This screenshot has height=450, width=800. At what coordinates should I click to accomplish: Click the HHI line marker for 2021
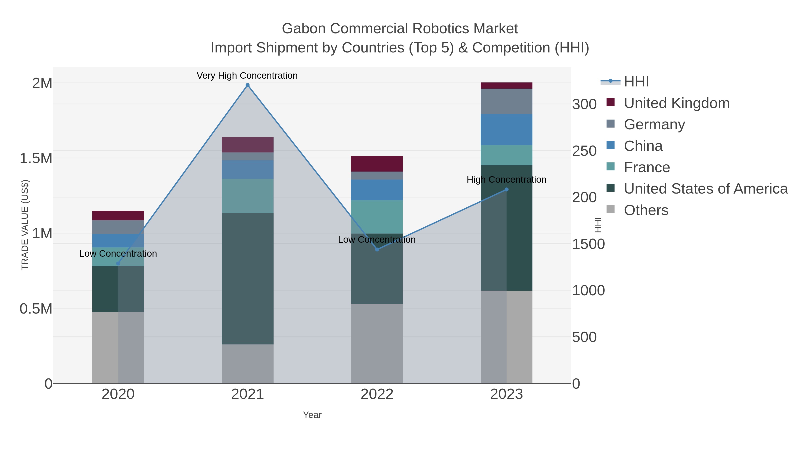tap(248, 85)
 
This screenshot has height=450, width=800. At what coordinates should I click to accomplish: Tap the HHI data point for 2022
tap(377, 249)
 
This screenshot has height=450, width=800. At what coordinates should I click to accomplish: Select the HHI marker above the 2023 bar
tap(506, 189)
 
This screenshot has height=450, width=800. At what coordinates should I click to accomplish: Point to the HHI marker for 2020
tap(118, 263)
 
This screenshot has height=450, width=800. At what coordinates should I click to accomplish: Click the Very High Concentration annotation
tap(247, 76)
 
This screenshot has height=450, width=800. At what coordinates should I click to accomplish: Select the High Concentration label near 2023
tap(506, 180)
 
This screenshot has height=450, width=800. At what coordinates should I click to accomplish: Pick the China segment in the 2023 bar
tap(506, 130)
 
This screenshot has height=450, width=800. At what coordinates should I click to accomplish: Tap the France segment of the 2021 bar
tap(248, 196)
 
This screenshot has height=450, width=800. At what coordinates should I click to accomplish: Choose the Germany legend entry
tap(654, 124)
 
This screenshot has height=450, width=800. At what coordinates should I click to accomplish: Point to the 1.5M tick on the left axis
tap(36, 158)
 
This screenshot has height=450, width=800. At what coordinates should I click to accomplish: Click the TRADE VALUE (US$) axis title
tap(25, 225)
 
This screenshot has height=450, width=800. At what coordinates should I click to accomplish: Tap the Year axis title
tap(312, 415)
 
